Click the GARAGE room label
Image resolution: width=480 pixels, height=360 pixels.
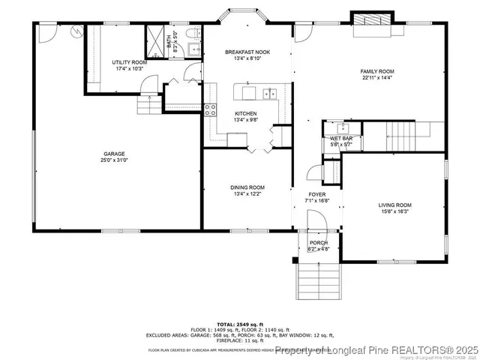click(x=114, y=153)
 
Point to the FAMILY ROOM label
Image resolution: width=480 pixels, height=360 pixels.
click(x=377, y=71)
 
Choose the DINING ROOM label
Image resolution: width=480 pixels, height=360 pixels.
click(x=247, y=187)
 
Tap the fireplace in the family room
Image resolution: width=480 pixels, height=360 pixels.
click(x=371, y=22)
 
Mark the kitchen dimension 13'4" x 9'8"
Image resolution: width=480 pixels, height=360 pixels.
click(x=245, y=120)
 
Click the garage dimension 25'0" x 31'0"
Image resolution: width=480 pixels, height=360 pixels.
click(x=114, y=160)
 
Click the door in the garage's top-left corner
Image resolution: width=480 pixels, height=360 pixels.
click(x=46, y=32)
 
